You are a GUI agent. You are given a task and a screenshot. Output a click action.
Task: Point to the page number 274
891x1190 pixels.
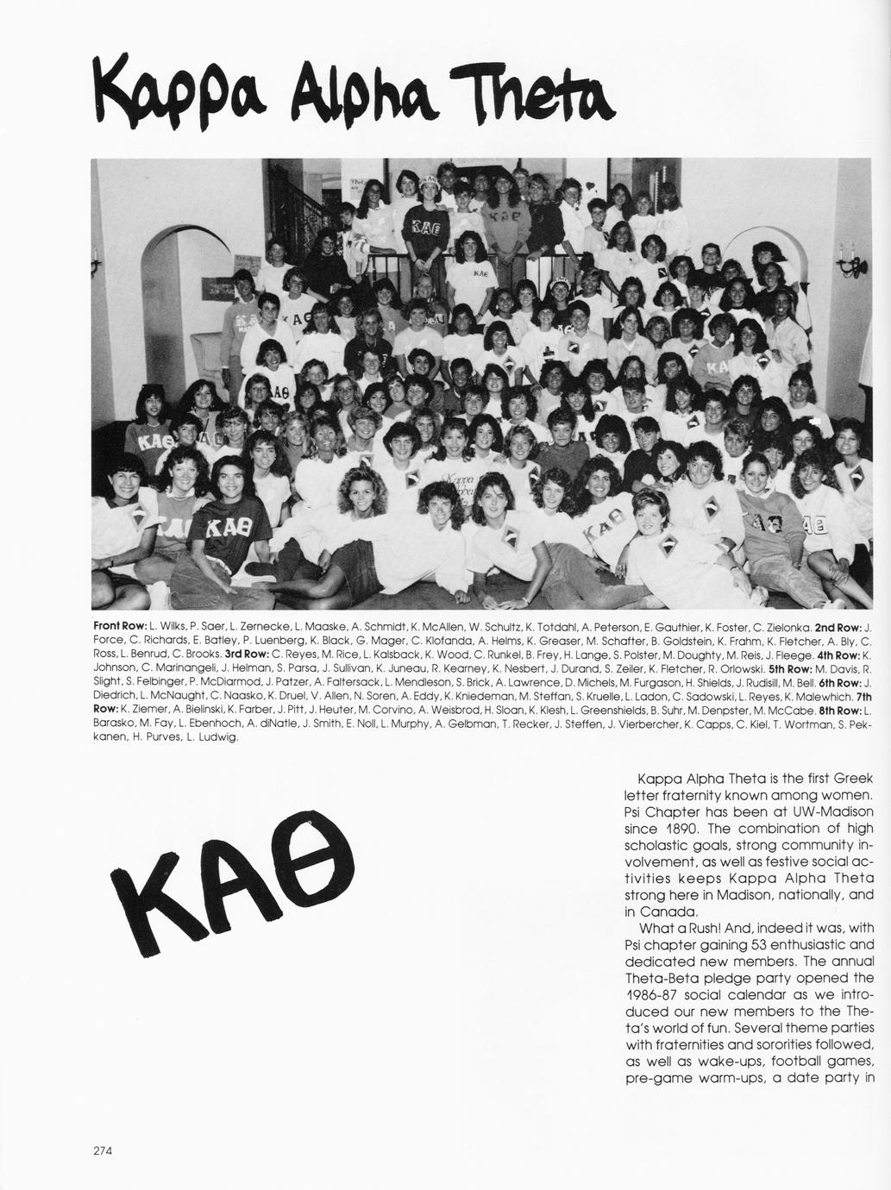click(x=103, y=1149)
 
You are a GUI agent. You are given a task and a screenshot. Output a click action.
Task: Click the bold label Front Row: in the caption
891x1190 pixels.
click(x=119, y=624)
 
